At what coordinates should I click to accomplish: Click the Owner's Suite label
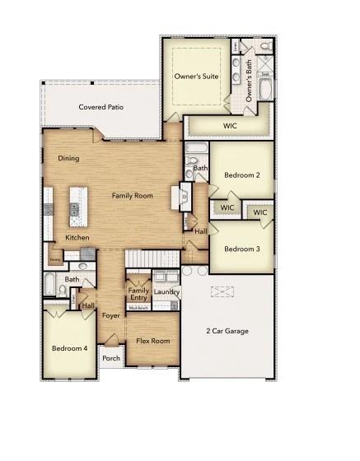tap(196, 76)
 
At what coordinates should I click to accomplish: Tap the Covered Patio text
tap(101, 107)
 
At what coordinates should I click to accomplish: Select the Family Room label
tap(133, 195)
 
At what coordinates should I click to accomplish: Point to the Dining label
tap(68, 158)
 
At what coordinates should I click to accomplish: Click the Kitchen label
tap(77, 237)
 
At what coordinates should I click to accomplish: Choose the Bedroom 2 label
tap(242, 175)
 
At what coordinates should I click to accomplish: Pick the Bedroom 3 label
tap(242, 249)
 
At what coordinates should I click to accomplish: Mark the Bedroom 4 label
tap(69, 347)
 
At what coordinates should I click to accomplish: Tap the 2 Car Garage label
tap(227, 331)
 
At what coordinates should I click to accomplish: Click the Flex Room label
tap(153, 341)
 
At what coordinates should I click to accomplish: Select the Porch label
tap(110, 358)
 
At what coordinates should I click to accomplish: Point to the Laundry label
tap(166, 291)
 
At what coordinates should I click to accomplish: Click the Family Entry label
tap(138, 294)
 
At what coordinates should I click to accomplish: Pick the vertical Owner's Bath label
tap(250, 85)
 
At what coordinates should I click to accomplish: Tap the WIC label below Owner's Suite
tap(230, 125)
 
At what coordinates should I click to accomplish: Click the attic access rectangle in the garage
tap(222, 292)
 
